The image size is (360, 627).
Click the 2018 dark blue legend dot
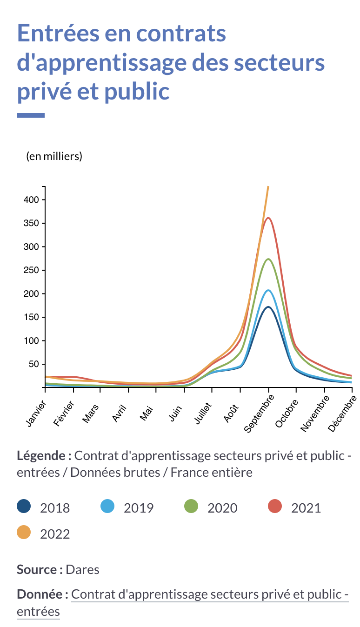24,506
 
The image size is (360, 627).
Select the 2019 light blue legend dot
107,506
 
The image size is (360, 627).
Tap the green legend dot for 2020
191,506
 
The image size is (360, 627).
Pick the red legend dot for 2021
275,506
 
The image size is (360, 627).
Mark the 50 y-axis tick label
33,364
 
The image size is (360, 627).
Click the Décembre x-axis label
343,414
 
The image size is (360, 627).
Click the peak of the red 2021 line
268,218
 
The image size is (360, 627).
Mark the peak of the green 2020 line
268,259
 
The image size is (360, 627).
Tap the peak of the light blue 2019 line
268,290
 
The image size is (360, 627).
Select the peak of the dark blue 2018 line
268,307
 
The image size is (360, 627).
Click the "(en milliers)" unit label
54,156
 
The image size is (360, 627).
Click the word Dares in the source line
82,569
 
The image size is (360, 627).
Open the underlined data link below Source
209,594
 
